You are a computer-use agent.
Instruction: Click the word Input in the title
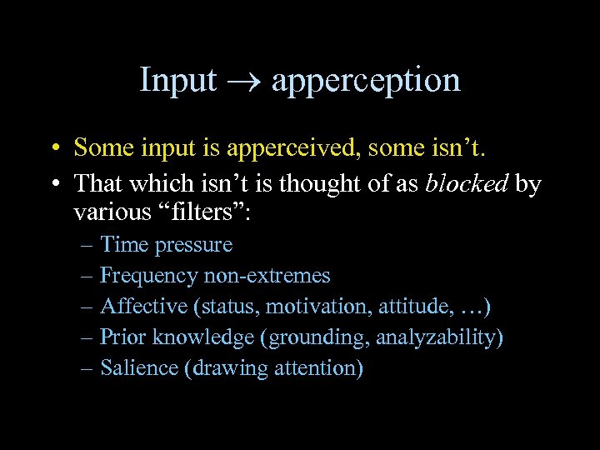click(x=177, y=80)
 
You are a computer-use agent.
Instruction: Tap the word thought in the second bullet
click(x=317, y=184)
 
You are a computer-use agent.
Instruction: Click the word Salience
click(x=138, y=368)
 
